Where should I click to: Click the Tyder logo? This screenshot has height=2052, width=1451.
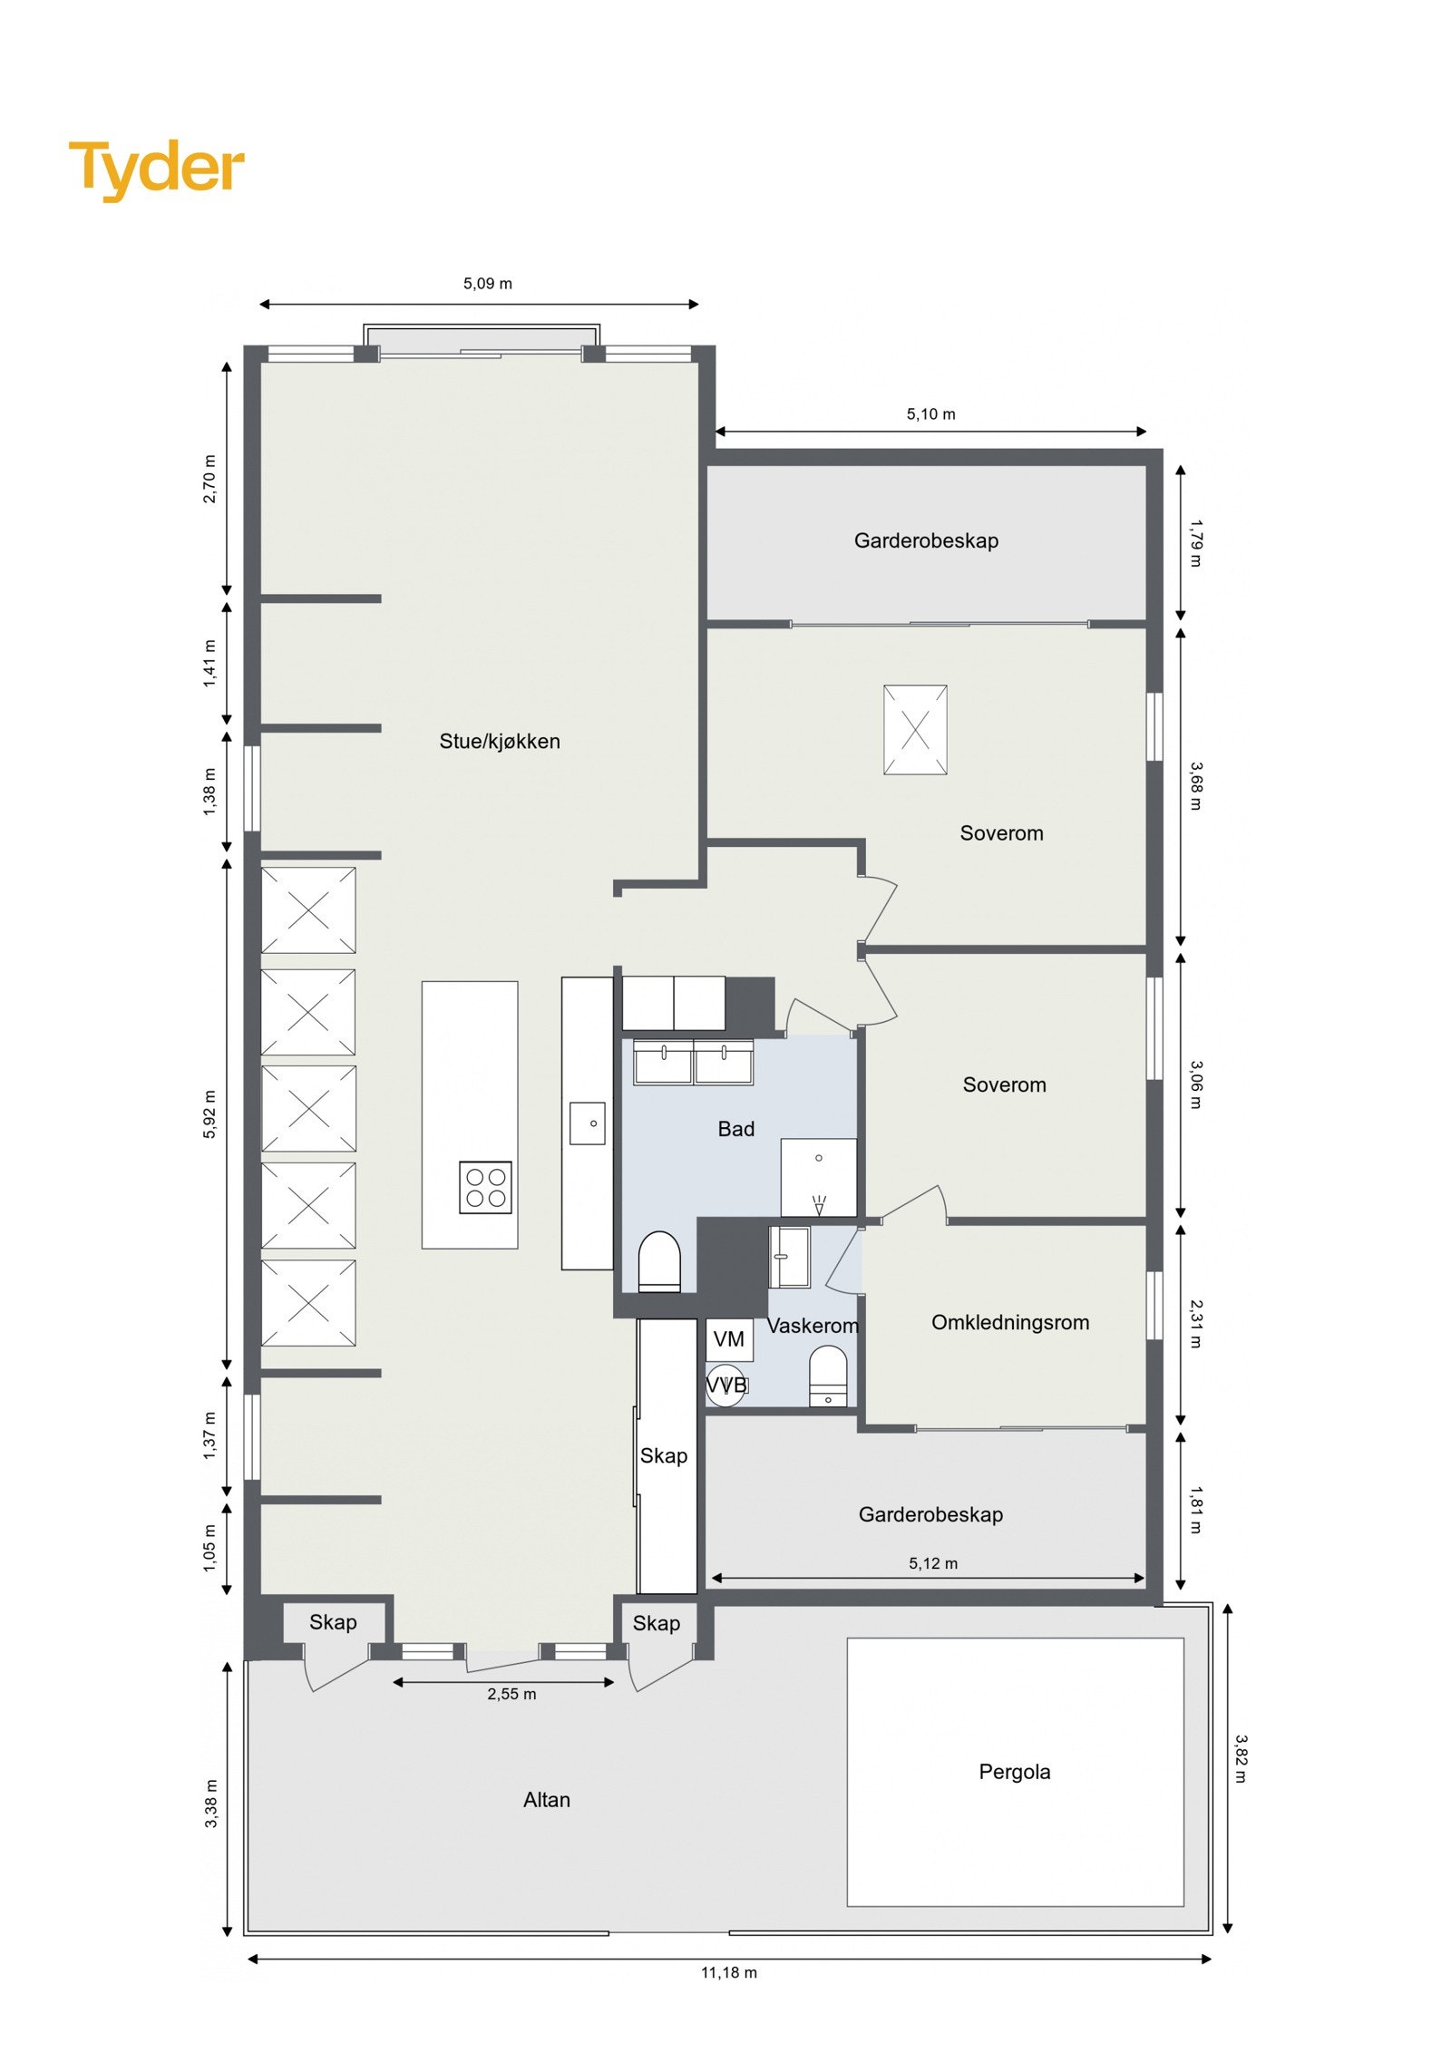coord(156,168)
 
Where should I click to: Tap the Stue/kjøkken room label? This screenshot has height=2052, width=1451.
coord(499,741)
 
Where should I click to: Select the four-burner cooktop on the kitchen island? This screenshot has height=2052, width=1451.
coord(485,1187)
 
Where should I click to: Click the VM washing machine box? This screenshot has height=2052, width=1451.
coord(728,1339)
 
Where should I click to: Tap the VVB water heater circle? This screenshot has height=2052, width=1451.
coord(725,1385)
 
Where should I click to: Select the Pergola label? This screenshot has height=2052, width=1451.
coord(1014,1771)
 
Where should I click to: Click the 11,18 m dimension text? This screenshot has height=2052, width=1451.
coord(728,1972)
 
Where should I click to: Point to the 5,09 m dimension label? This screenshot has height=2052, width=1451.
coord(487,284)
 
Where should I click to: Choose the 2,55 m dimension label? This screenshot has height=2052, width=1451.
coord(511,1694)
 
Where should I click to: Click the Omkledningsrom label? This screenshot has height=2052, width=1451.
coord(1009,1322)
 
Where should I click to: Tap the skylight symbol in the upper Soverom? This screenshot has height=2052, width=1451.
coord(914,730)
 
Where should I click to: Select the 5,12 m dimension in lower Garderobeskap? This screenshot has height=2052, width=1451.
coord(932,1563)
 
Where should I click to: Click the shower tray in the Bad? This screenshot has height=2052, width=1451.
coord(818,1177)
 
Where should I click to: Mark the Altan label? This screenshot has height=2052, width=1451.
coord(546,1800)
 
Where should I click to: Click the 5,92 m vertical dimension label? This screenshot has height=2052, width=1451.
coord(209,1114)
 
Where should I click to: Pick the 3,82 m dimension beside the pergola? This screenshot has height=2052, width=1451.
coord(1240,1759)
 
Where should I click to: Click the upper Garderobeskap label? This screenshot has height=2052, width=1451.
coord(925,541)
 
